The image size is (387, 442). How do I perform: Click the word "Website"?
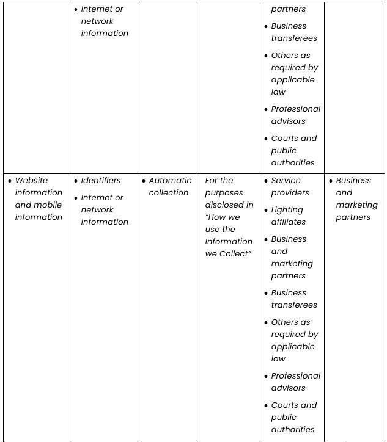(31, 181)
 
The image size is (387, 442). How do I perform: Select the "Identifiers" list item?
(101, 181)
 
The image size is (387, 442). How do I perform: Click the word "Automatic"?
(170, 181)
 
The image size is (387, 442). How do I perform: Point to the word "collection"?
(169, 193)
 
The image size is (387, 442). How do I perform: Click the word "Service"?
(286, 181)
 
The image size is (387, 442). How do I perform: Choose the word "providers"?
(290, 193)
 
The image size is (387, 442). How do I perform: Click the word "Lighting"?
(287, 210)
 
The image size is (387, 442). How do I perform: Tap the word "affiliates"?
(289, 222)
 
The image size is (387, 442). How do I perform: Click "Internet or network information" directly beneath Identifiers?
(105, 210)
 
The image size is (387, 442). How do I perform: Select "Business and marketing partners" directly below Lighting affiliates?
(292, 258)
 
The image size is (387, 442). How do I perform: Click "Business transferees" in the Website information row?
(294, 299)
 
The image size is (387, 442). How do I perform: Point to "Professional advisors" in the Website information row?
(295, 382)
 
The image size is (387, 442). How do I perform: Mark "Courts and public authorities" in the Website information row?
(293, 418)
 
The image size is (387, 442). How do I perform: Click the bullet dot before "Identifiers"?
(76, 181)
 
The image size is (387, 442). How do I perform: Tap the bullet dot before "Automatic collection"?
(144, 181)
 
